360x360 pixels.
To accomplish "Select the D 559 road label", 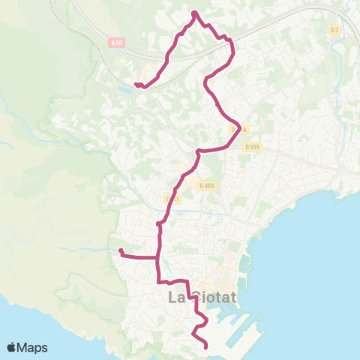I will coord(252,146).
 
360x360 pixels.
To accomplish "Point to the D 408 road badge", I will coord(207,185).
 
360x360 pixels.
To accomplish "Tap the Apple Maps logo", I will coord(27,347).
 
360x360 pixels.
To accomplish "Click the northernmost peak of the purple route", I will coord(194,13).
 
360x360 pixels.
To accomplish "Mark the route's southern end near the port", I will coord(206,345).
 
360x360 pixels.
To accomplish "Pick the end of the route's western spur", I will coord(120,250).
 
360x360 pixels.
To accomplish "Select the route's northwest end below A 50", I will coord(136,84).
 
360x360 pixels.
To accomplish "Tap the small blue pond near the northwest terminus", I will coord(124,90).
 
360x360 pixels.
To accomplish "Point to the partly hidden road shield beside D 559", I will coord(233,130).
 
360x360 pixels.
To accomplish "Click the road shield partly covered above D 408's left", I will coord(172,199).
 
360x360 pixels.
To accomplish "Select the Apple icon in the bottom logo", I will coord(13,347).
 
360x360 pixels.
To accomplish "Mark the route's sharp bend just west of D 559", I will coord(239,124).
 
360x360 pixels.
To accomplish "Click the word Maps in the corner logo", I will coord(34,347).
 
